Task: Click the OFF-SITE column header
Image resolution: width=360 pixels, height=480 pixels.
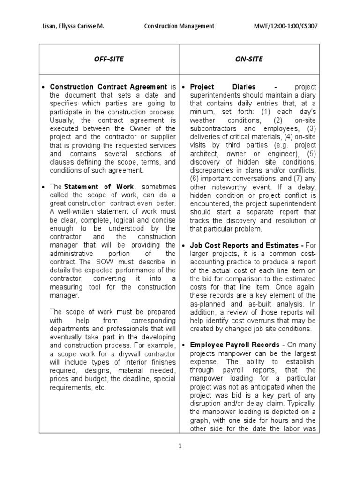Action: [x=109, y=59]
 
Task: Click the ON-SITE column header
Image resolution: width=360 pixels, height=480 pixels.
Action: [x=248, y=59]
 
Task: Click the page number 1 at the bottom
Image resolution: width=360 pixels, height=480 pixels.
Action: [x=180, y=446]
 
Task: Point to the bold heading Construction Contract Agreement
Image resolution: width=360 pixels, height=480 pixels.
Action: [x=108, y=87]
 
